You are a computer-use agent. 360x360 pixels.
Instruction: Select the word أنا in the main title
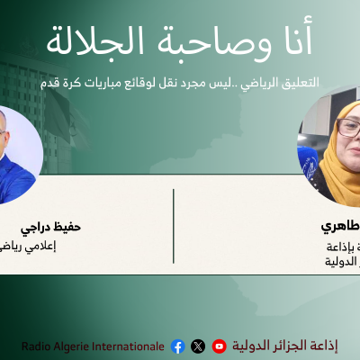pyautogui.click(x=292, y=40)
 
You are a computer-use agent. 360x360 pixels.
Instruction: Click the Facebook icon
pyautogui.click(x=177, y=346)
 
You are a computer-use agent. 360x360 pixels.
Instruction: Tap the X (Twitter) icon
pyautogui.click(x=198, y=346)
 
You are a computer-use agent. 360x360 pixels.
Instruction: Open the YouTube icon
pyautogui.click(x=219, y=346)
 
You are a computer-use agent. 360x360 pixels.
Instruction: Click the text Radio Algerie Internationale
pyautogui.click(x=94, y=346)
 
